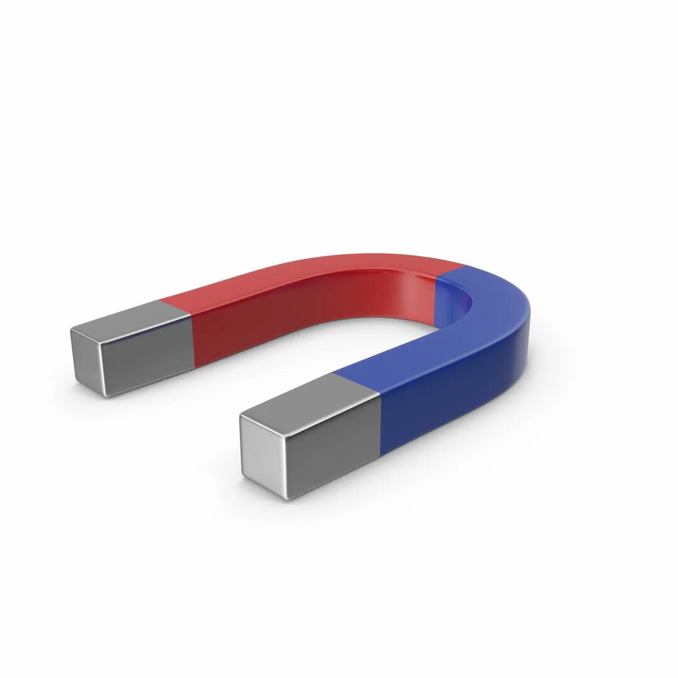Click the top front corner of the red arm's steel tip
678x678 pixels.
100,343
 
